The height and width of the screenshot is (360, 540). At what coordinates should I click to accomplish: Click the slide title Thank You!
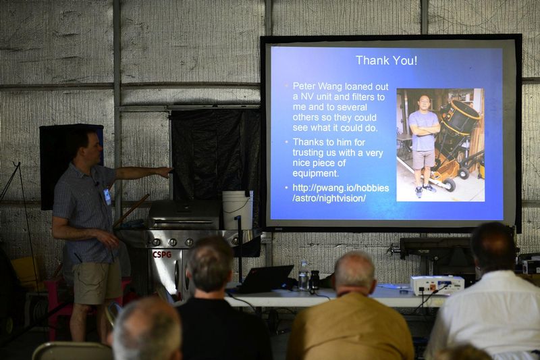click(386, 60)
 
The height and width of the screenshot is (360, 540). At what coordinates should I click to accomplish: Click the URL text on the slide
click(341, 193)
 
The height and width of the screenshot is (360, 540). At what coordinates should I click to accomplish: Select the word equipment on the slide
click(316, 174)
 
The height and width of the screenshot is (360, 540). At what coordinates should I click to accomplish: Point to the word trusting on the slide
click(311, 153)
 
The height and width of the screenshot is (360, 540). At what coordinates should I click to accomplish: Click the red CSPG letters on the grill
click(162, 255)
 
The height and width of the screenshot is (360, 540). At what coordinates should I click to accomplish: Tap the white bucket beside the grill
click(237, 210)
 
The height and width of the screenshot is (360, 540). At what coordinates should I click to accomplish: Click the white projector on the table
click(437, 285)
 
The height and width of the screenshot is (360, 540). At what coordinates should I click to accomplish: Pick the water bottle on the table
click(303, 276)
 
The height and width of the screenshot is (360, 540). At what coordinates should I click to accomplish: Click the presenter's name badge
click(107, 197)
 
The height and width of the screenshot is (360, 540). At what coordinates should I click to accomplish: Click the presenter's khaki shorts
click(97, 282)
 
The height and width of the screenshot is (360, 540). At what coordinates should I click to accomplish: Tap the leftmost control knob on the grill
click(157, 242)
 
